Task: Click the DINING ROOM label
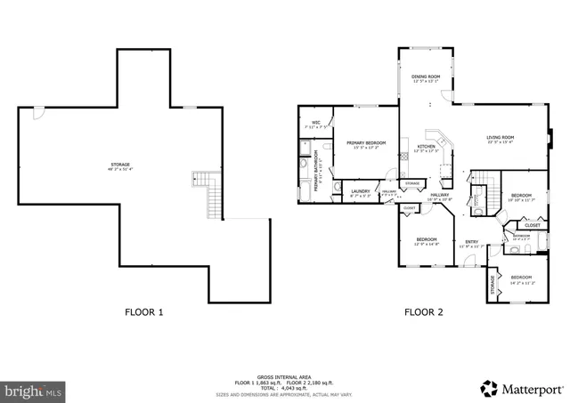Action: pyautogui.click(x=427, y=77)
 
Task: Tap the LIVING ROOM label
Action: pyautogui.click(x=500, y=138)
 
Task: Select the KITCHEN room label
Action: pyautogui.click(x=427, y=147)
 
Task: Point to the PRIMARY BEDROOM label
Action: pyautogui.click(x=366, y=143)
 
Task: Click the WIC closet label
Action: pyautogui.click(x=315, y=123)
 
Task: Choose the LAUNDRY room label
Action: pyautogui.click(x=360, y=190)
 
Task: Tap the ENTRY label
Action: pyautogui.click(x=470, y=241)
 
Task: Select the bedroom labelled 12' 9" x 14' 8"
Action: pyautogui.click(x=427, y=239)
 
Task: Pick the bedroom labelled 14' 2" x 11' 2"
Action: pyautogui.click(x=521, y=278)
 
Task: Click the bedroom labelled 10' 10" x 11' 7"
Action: pyautogui.click(x=521, y=196)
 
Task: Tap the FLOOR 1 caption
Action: pyautogui.click(x=144, y=312)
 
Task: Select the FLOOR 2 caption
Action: pyautogui.click(x=425, y=312)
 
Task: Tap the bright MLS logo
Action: pyautogui.click(x=34, y=390)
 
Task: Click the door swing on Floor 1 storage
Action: pyautogui.click(x=38, y=114)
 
